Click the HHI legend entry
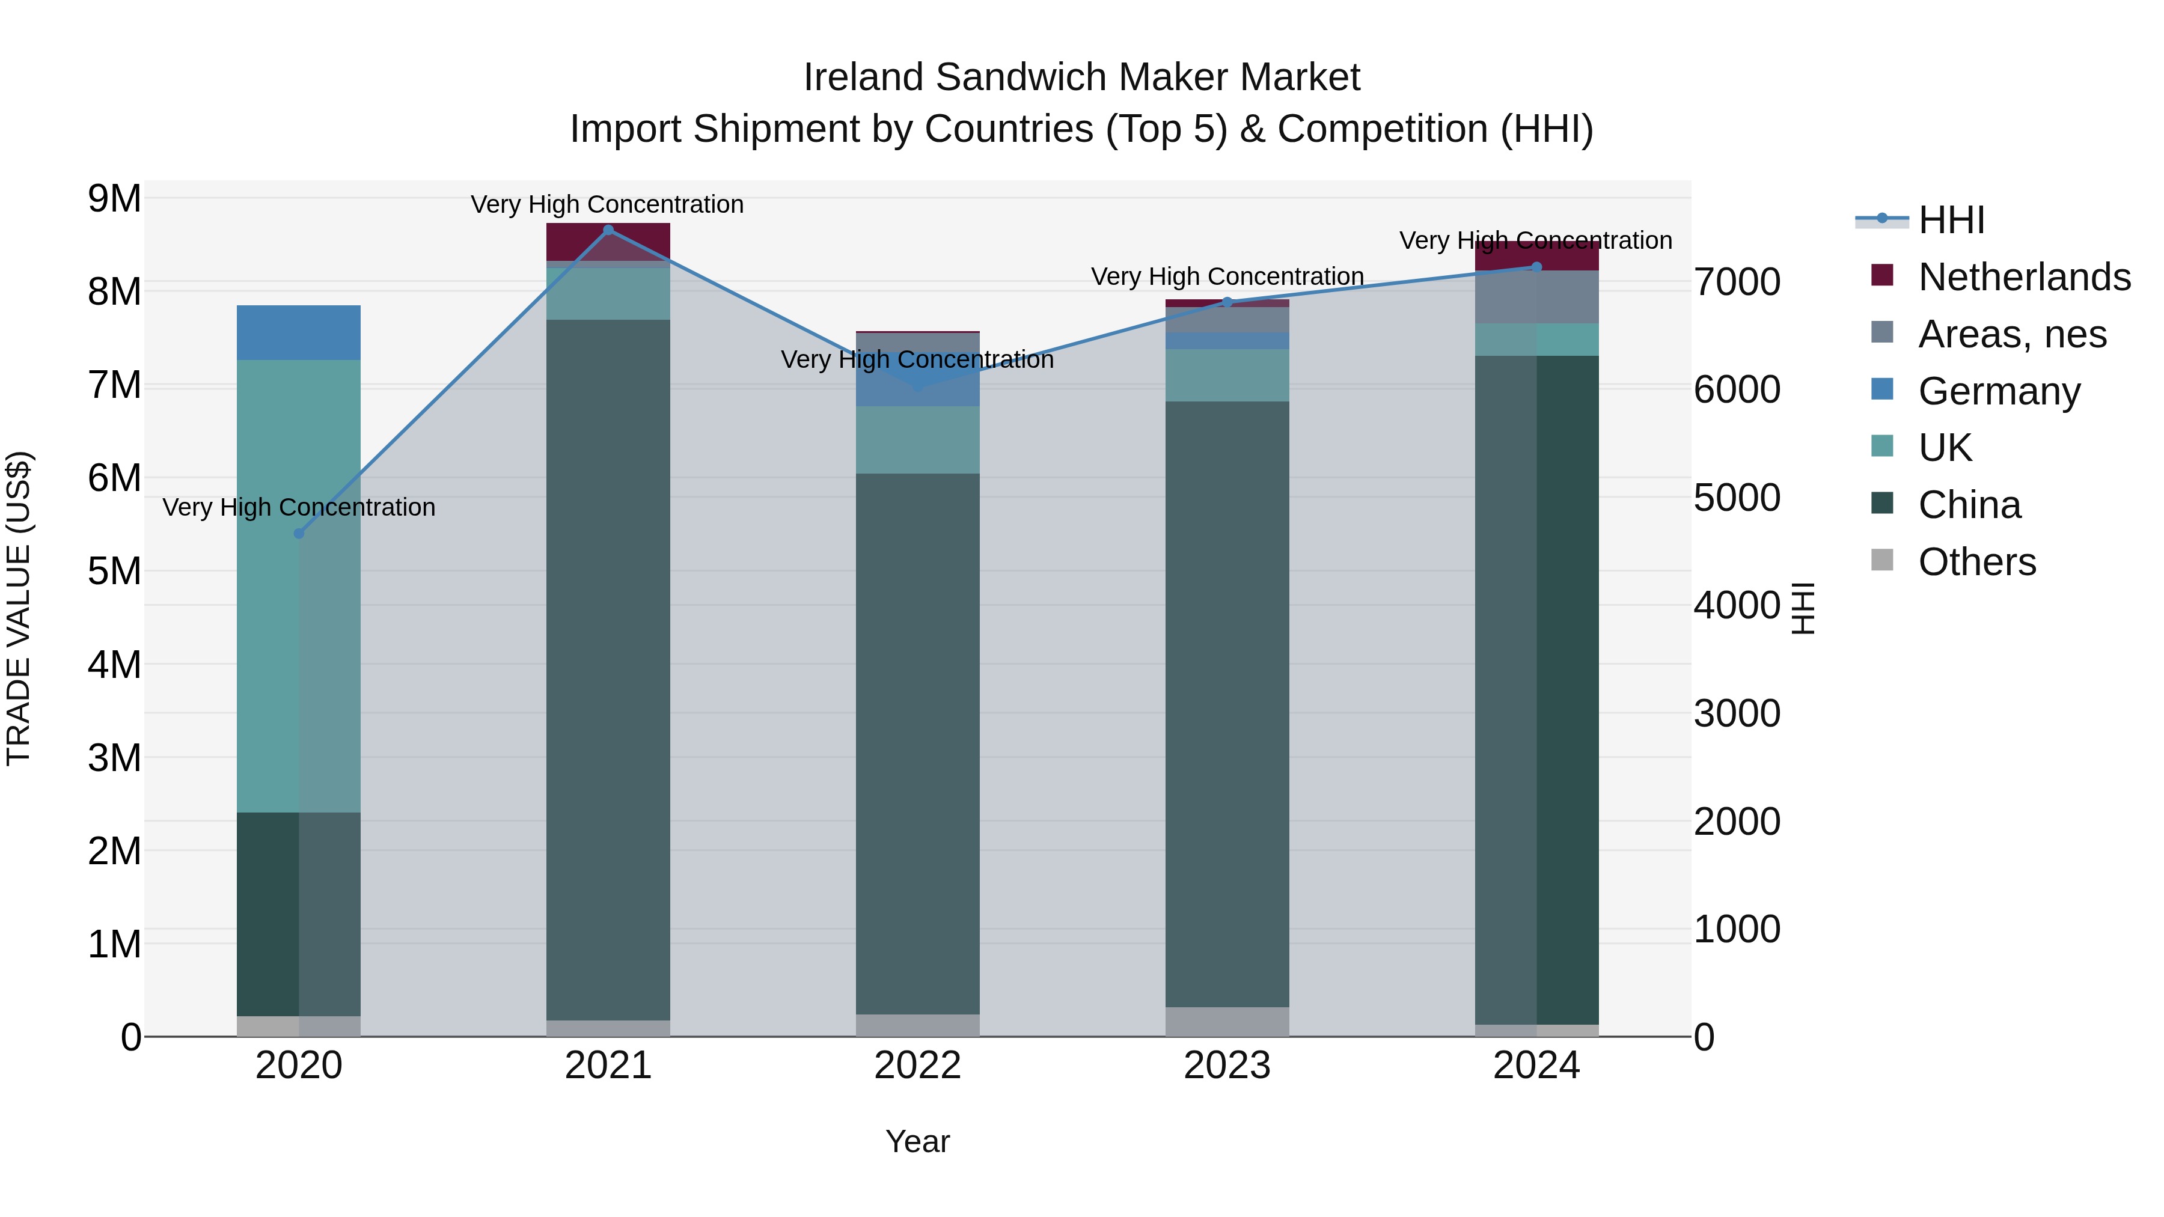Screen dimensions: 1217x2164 tap(1951, 220)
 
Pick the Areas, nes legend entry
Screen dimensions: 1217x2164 tap(2012, 334)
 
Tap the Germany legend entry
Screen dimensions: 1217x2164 tap(1999, 391)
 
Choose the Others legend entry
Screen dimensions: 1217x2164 tap(1976, 562)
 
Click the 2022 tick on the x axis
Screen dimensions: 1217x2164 tap(917, 1066)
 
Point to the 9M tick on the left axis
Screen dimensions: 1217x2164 tap(114, 199)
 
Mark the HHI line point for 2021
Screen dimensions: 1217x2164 tap(608, 230)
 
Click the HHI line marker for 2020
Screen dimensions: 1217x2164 tap(299, 533)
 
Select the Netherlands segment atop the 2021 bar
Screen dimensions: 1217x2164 tap(608, 242)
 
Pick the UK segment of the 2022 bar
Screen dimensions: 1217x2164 tap(917, 440)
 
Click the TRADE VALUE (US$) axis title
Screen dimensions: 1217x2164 tap(19, 608)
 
